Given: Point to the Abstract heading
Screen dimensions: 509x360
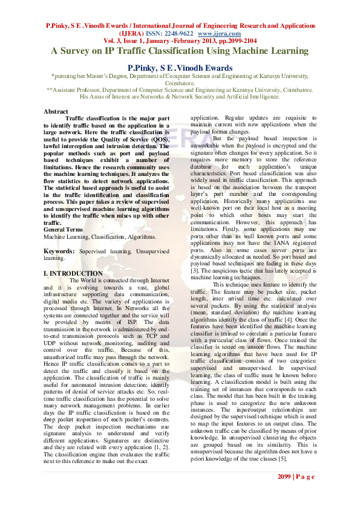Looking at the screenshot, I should point(56,111).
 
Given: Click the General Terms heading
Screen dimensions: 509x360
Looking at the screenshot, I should point(62,230).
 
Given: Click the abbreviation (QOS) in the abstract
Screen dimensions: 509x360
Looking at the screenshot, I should point(160,138).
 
